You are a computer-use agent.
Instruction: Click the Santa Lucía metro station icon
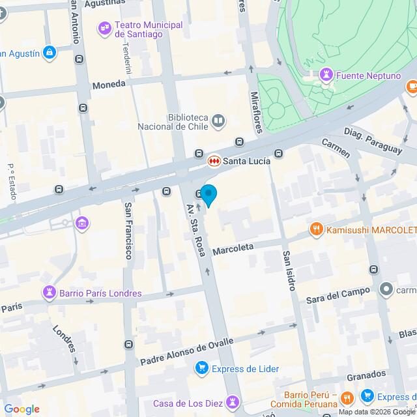coord(213,160)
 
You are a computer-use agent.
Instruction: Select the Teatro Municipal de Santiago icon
coord(104,28)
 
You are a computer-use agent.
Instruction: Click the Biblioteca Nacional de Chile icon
coord(218,121)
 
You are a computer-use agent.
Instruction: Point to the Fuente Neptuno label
coord(369,77)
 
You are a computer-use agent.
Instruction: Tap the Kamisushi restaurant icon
coord(316,229)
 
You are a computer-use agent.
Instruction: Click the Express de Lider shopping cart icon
coord(202,369)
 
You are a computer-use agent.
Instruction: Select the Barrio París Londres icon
coord(49,293)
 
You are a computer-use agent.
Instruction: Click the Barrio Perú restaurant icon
coord(347,397)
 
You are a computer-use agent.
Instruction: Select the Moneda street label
coord(108,85)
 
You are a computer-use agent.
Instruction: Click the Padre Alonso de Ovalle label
coord(186,352)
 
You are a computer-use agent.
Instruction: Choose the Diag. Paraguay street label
coord(373,140)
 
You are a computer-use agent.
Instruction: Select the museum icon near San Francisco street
coord(83,224)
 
